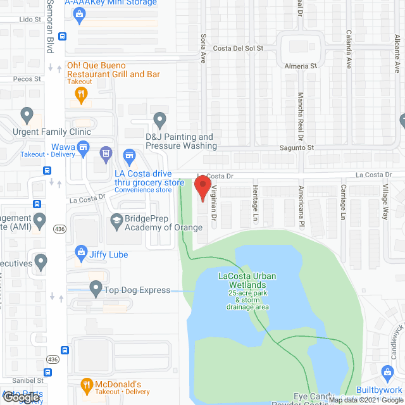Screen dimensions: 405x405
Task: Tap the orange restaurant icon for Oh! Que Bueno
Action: (81, 95)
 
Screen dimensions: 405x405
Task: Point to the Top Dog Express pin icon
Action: (96, 289)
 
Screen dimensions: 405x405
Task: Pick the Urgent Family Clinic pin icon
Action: (27, 116)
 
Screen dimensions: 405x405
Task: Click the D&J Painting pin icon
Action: (160, 119)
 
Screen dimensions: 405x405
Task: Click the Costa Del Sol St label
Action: (237, 48)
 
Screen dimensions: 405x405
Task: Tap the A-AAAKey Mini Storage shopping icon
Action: (79, 16)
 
